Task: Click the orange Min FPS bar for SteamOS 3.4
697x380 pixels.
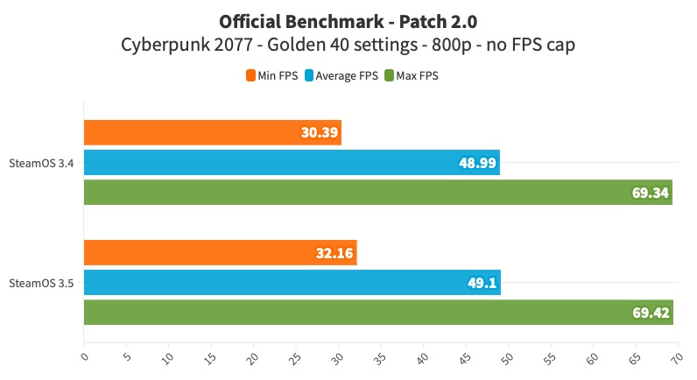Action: click(x=212, y=133)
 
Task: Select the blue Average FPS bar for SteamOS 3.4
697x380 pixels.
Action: click(x=292, y=163)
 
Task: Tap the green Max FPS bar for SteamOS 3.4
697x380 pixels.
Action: click(x=377, y=192)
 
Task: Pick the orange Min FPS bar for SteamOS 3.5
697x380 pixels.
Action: click(x=220, y=253)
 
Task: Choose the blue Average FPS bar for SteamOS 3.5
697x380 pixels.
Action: click(x=292, y=283)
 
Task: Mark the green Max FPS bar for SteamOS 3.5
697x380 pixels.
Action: click(x=378, y=312)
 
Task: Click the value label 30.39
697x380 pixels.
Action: click(x=318, y=133)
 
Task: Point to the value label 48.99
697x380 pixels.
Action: click(x=476, y=163)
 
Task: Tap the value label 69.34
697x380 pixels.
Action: click(x=650, y=192)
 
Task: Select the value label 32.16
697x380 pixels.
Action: click(x=333, y=253)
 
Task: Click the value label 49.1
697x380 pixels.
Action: click(x=481, y=283)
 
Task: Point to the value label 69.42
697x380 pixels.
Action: click(x=650, y=312)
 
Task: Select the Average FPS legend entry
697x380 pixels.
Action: click(x=341, y=76)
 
